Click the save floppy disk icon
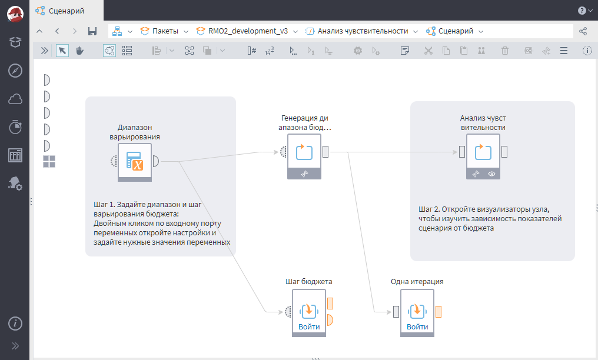pos(92,31)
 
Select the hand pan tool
pos(79,50)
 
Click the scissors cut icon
pos(428,50)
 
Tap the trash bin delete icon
pos(504,50)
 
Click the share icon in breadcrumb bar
pos(583,31)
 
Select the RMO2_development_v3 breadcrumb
pos(248,31)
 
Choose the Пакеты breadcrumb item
pos(165,31)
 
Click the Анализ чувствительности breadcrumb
pos(363,31)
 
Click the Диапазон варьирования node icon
pos(135,162)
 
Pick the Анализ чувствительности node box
pos(483,156)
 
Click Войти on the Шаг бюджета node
pos(309,326)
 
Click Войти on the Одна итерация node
pos(417,326)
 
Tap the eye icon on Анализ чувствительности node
pos(491,174)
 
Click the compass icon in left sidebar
pos(15,71)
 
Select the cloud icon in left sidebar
pos(15,99)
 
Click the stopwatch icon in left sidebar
pos(15,127)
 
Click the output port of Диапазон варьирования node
pos(155,161)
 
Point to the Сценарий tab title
pos(67,11)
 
